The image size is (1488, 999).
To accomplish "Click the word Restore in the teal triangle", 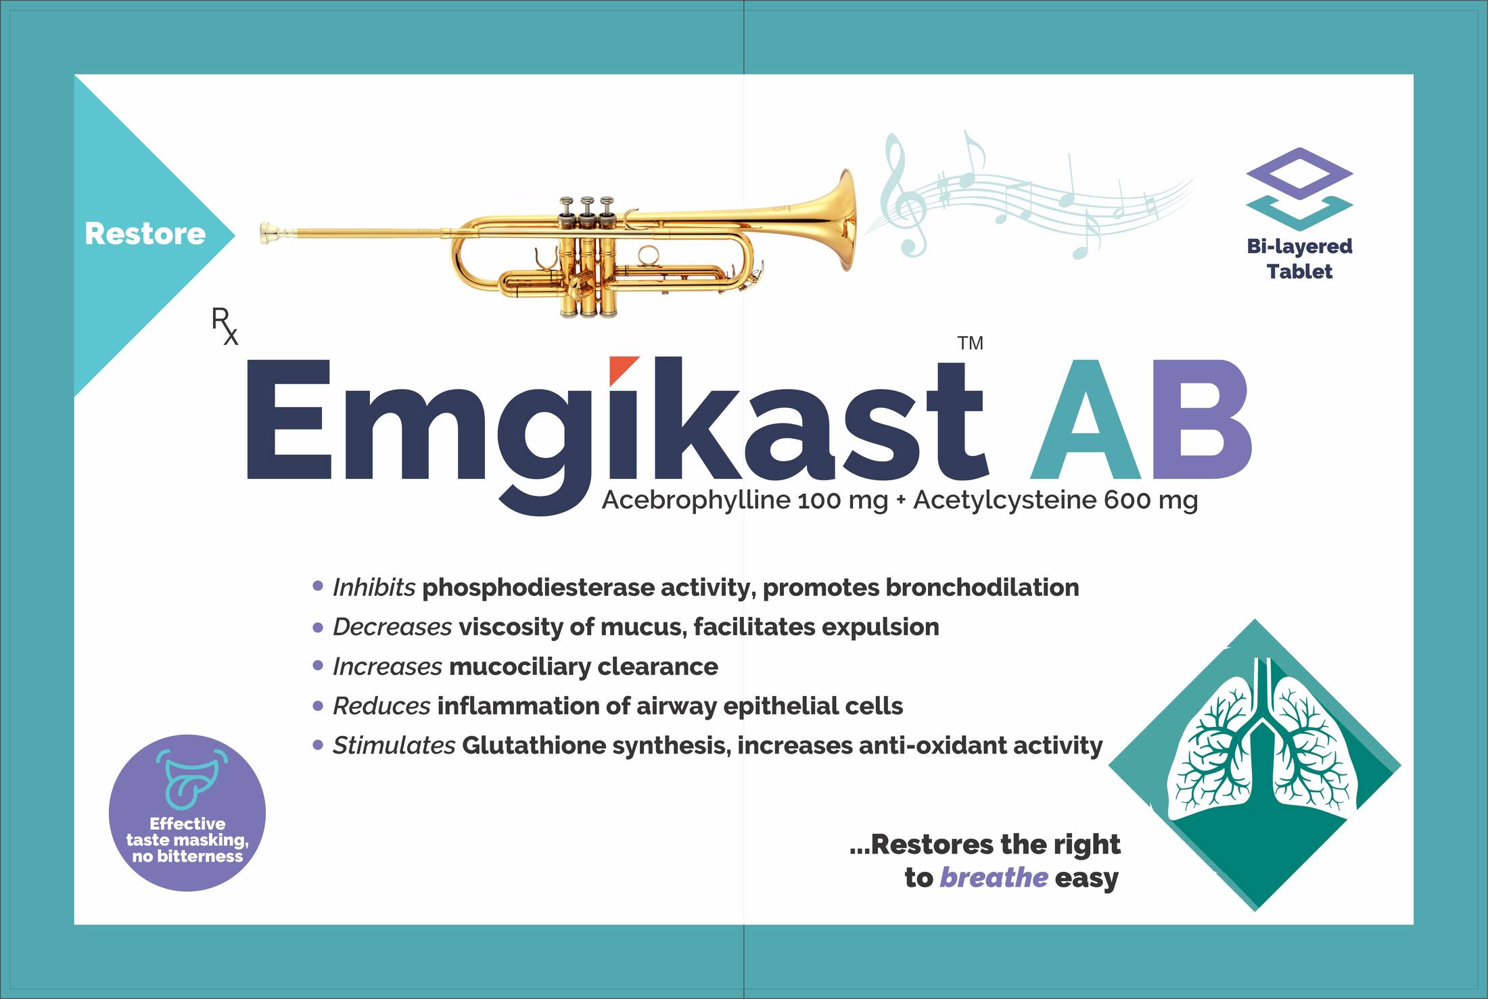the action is [145, 234].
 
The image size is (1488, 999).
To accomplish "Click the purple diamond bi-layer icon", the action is [1299, 174].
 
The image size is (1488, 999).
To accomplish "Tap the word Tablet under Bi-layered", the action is [1299, 272].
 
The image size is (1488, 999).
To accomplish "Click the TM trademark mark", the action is [970, 344].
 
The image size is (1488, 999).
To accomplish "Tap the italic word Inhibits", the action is [373, 587].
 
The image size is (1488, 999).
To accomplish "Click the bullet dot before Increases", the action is [318, 666].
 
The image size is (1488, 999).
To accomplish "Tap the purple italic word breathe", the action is [994, 877].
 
